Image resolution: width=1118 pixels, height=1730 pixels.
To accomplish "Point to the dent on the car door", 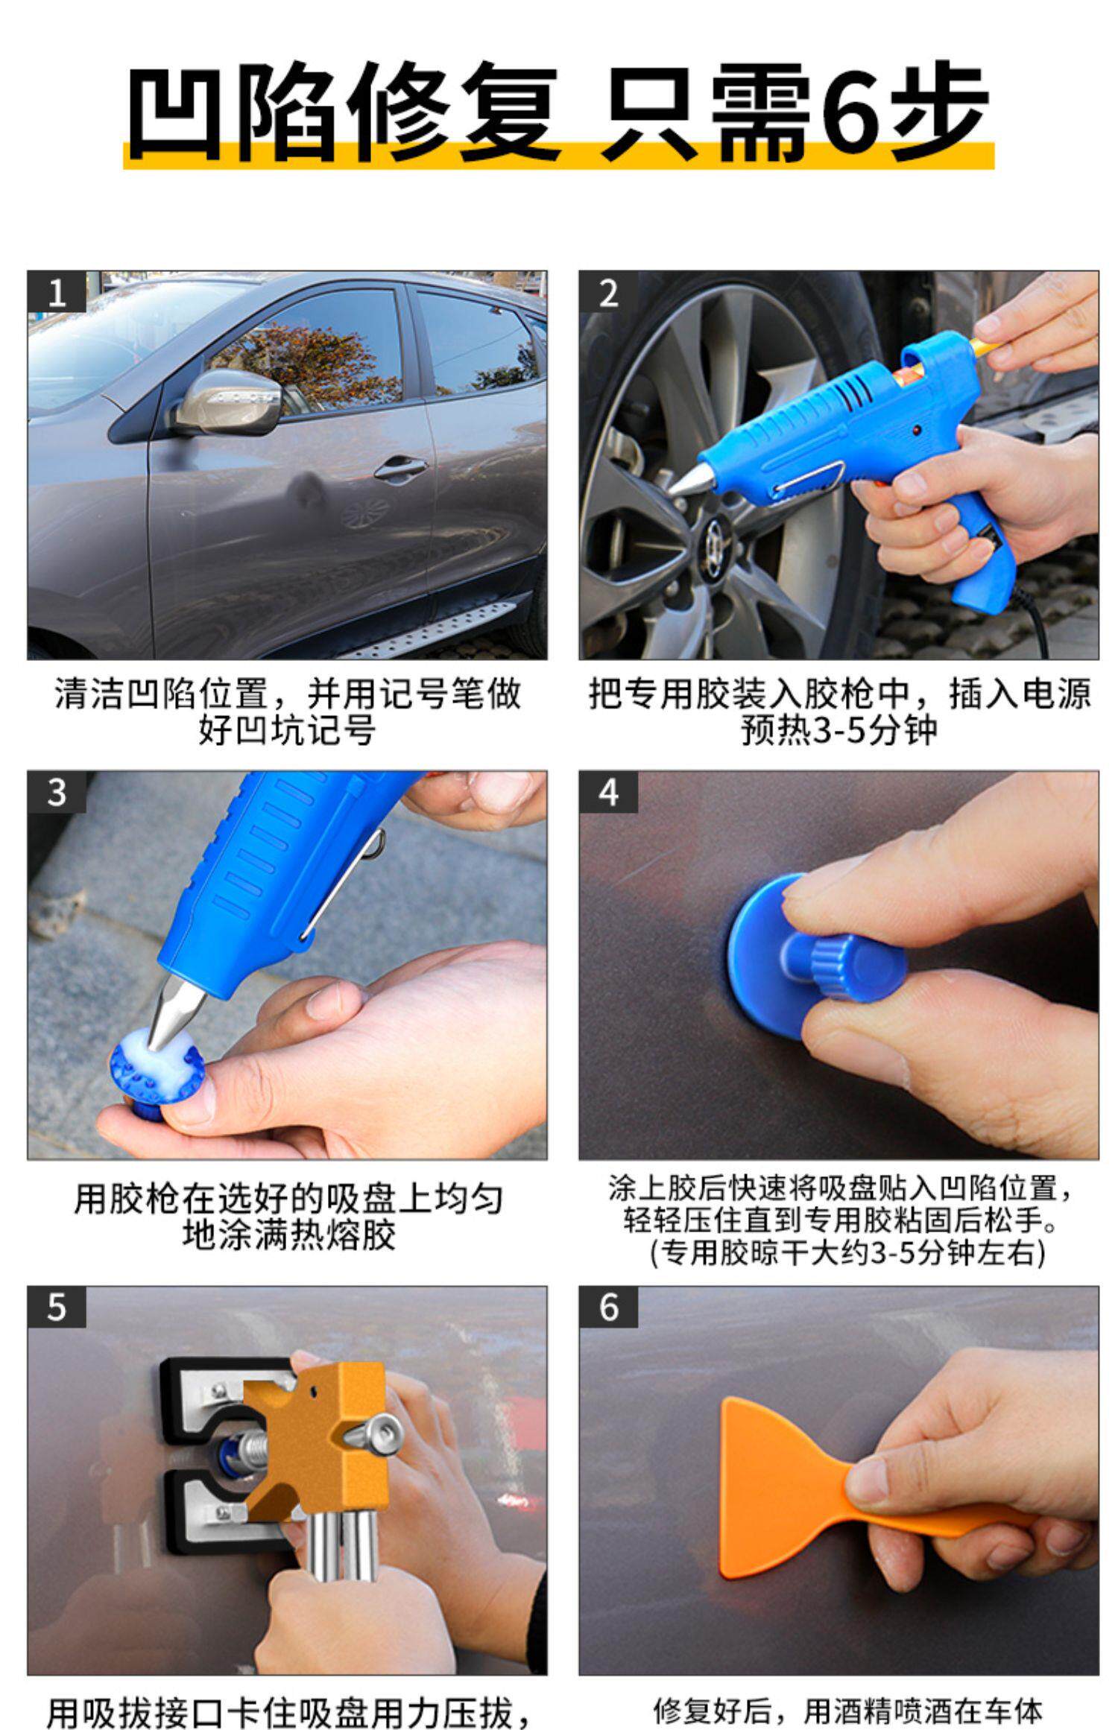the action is [306, 489].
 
